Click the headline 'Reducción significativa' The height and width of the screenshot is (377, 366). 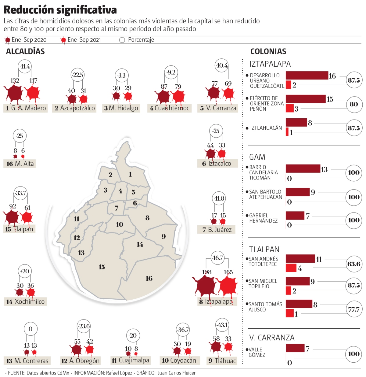60,10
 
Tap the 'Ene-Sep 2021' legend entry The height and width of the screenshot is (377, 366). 81,40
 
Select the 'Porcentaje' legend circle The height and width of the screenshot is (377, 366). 122,40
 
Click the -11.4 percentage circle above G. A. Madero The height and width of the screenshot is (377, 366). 25,66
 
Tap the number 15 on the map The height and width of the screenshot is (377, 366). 102,267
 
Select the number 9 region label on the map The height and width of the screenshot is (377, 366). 163,236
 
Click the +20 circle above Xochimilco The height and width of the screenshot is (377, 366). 25,271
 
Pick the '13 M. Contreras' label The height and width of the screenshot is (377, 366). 27,361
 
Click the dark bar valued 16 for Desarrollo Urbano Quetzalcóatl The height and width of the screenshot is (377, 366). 307,75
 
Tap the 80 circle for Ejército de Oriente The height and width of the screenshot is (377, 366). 354,104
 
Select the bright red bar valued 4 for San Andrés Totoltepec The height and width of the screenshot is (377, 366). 291,268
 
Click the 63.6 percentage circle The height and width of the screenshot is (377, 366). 354,264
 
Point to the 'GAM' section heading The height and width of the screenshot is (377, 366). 257,157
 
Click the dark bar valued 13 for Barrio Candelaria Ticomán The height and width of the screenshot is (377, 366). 303,168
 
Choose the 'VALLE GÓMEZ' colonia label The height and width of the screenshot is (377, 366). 257,352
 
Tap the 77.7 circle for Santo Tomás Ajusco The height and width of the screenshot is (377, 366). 354,309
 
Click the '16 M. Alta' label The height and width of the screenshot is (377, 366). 20,164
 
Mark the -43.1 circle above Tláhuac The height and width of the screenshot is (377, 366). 222,325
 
